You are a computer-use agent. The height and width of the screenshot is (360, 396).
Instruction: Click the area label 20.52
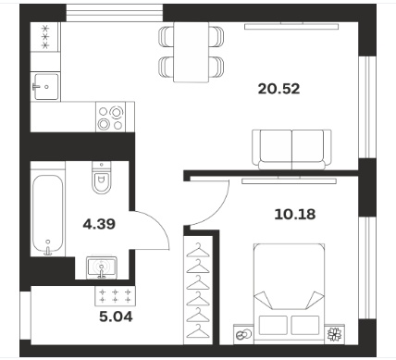point(278,89)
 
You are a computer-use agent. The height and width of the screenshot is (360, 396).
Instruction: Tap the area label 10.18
point(295,214)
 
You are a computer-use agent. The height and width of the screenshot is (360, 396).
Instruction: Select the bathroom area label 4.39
point(99,224)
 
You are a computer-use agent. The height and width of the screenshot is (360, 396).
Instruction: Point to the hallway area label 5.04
point(116,317)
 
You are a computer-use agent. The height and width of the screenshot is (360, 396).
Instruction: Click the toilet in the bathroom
point(102,178)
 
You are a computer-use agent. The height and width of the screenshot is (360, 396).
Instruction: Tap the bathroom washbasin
point(102,267)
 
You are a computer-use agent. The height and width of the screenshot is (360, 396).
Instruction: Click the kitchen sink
point(45,87)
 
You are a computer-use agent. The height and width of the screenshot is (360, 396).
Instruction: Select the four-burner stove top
point(110,118)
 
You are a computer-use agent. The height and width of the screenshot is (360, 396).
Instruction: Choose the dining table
point(191,52)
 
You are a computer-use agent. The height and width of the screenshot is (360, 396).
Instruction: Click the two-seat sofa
point(291,150)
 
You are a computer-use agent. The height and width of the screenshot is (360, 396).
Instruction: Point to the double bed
point(289,293)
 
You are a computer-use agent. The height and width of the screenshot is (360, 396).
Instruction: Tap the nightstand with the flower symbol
point(334,334)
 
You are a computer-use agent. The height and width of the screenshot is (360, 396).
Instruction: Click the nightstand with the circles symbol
point(243,334)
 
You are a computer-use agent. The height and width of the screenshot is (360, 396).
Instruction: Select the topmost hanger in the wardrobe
point(198,250)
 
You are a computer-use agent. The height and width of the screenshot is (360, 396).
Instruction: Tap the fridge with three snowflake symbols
point(45,37)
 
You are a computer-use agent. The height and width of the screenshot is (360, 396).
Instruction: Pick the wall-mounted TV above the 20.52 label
point(291,26)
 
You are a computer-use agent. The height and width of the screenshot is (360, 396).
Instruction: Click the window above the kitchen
point(115,13)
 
